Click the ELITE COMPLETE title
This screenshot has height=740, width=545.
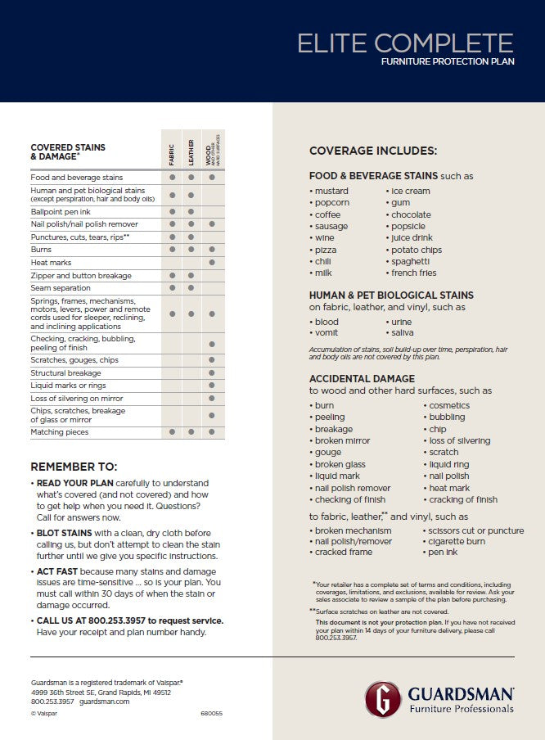click(x=405, y=43)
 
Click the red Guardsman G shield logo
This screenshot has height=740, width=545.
click(x=382, y=698)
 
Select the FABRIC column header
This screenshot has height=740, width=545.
click(x=172, y=151)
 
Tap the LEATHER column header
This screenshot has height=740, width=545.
click(x=191, y=151)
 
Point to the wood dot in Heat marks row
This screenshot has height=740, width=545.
click(x=212, y=262)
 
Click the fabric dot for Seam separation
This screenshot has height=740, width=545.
click(x=172, y=288)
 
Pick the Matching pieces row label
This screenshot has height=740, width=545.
click(x=60, y=431)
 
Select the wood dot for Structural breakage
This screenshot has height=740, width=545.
click(x=212, y=373)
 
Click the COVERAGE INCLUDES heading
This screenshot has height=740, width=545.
click(x=373, y=151)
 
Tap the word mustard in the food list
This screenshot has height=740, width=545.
click(x=331, y=192)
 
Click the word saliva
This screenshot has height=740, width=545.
click(x=401, y=333)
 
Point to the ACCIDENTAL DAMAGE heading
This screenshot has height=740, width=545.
click(x=362, y=379)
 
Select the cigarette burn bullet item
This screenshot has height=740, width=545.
click(x=457, y=541)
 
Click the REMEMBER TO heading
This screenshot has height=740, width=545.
click(x=74, y=467)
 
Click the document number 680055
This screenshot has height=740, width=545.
click(x=212, y=713)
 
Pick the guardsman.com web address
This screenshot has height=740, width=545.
click(x=105, y=702)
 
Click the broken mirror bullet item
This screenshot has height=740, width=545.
click(x=342, y=441)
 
